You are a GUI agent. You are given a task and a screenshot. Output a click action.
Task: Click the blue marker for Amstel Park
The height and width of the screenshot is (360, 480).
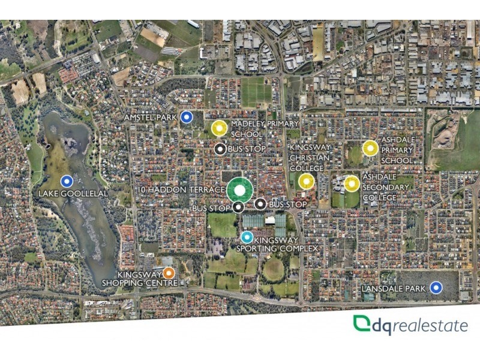[187, 117]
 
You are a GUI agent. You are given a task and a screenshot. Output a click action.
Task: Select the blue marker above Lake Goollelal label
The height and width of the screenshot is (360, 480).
[67, 181]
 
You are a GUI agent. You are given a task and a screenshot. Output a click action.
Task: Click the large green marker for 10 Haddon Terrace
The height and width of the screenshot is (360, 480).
[239, 191]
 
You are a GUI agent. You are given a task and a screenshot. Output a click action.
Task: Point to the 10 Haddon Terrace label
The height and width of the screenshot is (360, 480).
[180, 189]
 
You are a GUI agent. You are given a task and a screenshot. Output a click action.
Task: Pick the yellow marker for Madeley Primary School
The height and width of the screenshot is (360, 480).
[219, 128]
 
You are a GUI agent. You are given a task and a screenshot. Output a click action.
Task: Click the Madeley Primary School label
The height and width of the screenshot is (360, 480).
[256, 128]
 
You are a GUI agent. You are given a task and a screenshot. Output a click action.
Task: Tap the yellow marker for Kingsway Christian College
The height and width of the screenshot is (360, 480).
[307, 181]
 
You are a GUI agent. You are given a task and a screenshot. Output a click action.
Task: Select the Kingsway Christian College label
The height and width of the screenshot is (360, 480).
[311, 157]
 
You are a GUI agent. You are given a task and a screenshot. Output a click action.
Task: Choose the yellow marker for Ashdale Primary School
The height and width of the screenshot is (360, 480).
[370, 148]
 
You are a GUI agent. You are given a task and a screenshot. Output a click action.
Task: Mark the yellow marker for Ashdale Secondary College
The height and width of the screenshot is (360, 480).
[352, 183]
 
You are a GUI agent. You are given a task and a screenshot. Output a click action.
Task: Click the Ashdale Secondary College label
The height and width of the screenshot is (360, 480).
[386, 188]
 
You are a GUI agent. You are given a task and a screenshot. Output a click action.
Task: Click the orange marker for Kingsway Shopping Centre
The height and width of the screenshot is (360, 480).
[169, 273]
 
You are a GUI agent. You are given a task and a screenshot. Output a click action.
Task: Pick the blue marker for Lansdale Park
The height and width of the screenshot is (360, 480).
[436, 289]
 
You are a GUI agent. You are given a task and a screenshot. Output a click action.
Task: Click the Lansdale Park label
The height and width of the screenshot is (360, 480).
[394, 289]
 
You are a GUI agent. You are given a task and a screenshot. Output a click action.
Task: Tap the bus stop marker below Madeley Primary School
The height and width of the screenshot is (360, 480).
[221, 149]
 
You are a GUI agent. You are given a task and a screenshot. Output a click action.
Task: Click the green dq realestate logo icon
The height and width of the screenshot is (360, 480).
[362, 325]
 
